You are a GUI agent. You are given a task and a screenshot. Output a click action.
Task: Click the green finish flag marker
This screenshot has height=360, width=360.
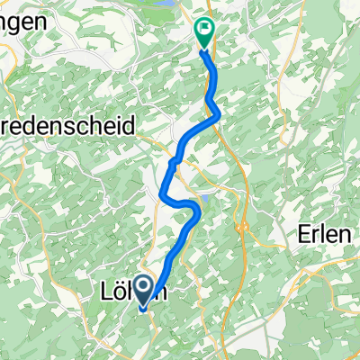click(x=204, y=31)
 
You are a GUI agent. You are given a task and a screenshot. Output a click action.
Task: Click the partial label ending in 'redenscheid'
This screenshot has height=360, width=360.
click(x=67, y=126)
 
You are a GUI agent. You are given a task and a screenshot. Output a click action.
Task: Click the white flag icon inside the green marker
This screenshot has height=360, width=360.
click(x=204, y=28)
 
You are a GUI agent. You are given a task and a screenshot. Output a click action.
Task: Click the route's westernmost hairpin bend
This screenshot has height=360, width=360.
click(x=162, y=194)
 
